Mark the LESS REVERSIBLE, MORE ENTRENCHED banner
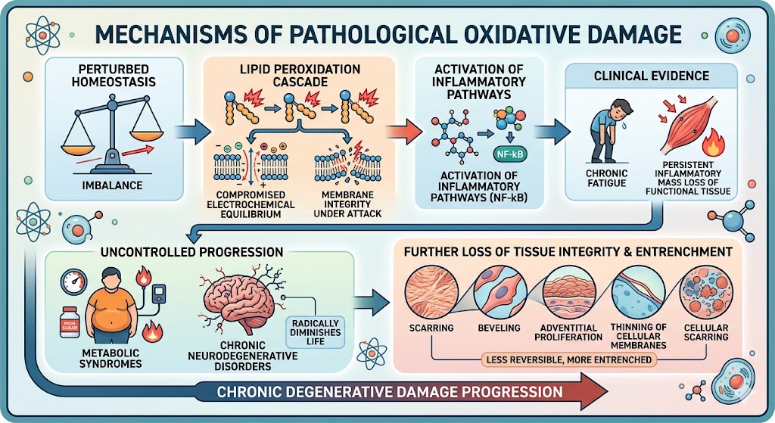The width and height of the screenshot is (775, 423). click(x=567, y=359)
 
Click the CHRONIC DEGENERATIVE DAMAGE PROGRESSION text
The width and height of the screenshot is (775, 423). click(x=389, y=392)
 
